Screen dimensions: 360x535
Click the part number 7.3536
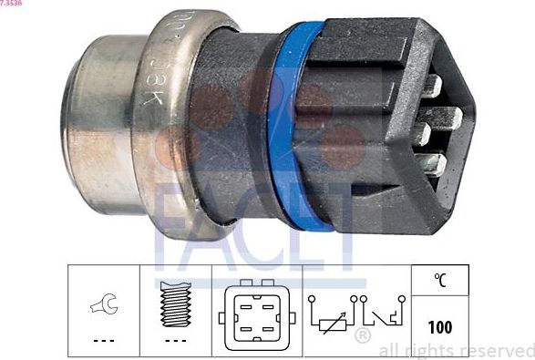coord(12,5)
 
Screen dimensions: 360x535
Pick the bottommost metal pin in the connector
coord(436,165)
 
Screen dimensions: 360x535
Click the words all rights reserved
coord(456,349)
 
